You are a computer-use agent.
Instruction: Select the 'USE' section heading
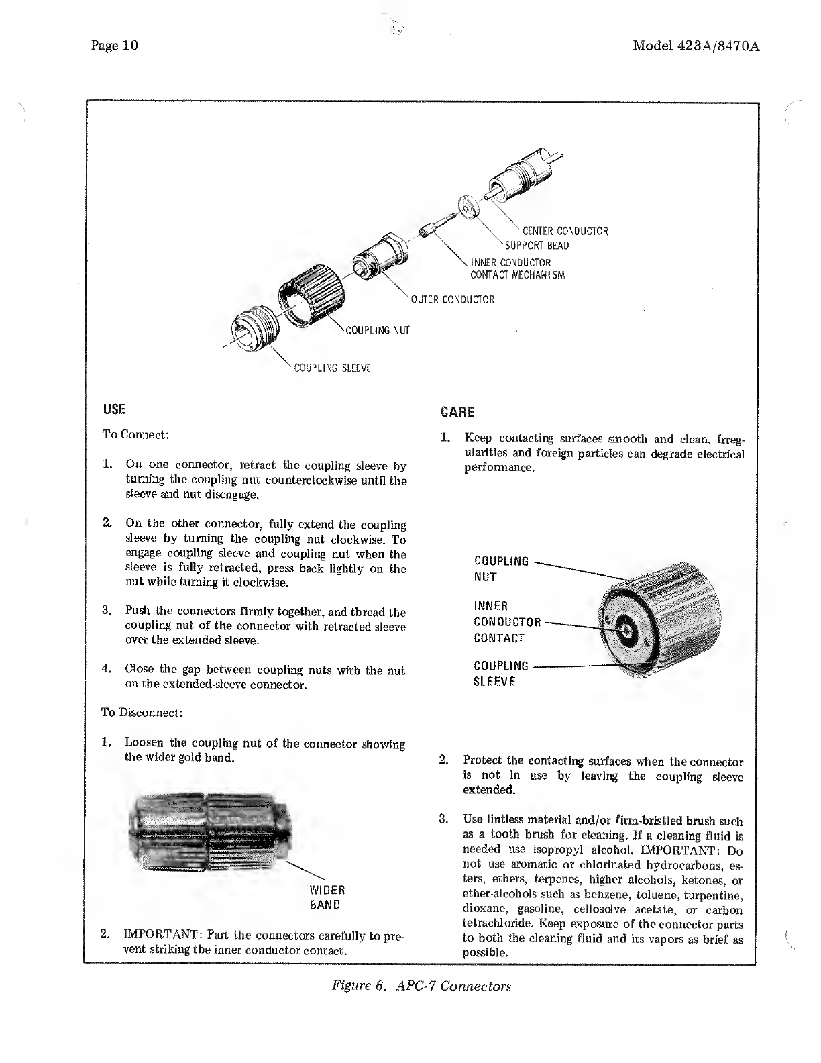point(114,409)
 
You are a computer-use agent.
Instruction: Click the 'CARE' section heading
point(457,411)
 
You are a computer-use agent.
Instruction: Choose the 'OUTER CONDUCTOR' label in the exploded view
point(452,299)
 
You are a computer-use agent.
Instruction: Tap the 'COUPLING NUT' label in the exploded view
point(376,330)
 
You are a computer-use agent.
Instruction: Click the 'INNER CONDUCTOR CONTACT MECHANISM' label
point(517,268)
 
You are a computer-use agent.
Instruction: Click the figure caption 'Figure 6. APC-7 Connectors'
point(421,986)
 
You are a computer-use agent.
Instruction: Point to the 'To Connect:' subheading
point(135,434)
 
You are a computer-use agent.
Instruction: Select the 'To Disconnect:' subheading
point(142,712)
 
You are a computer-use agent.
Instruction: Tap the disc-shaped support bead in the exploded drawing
point(468,207)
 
